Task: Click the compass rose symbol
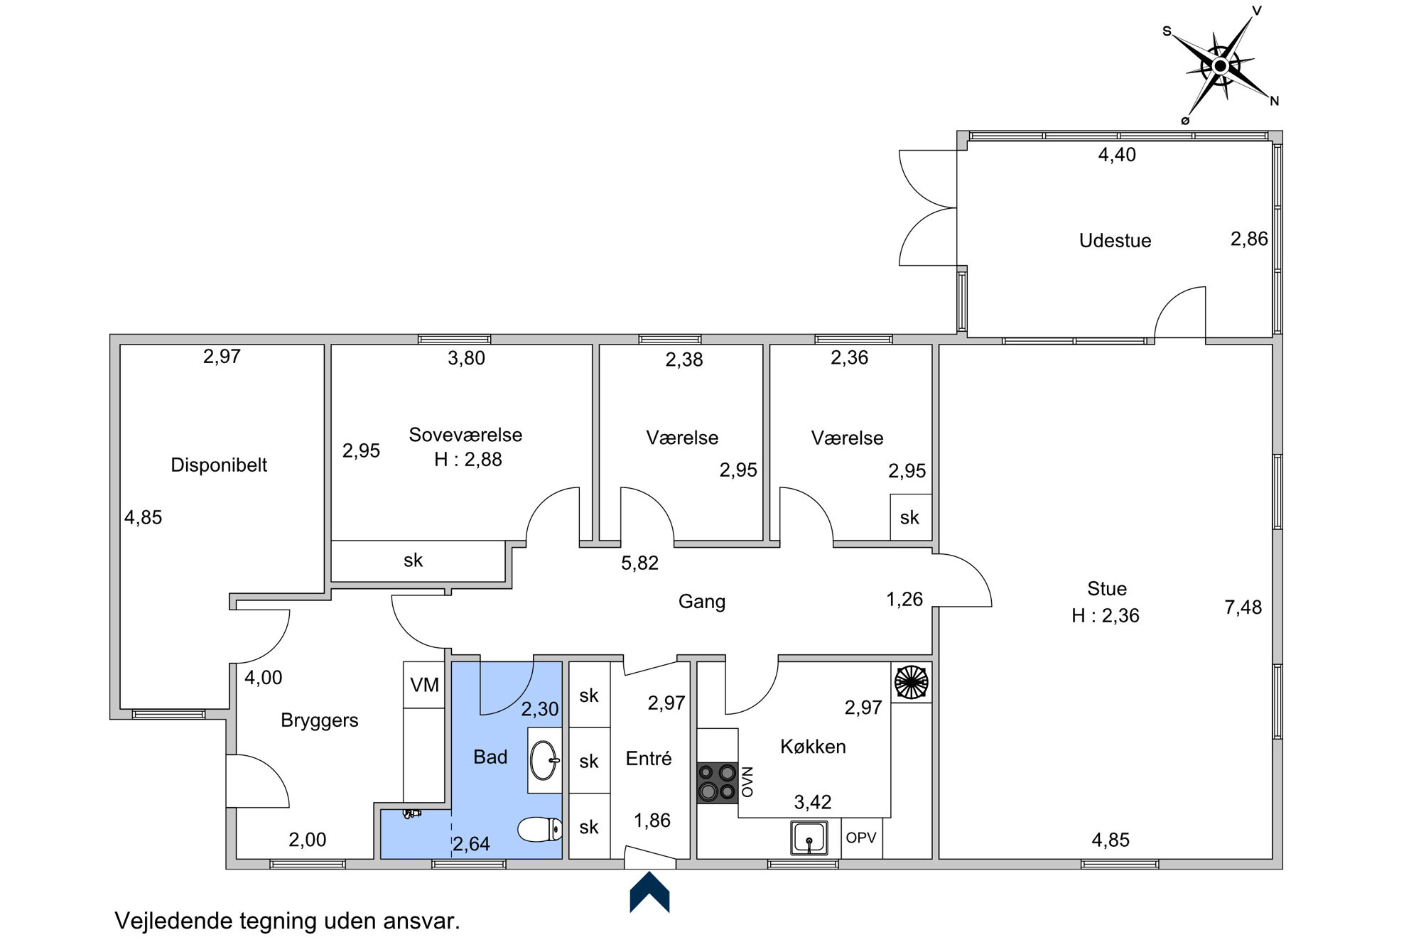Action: click(x=1220, y=66)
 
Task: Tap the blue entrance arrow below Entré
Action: click(x=649, y=892)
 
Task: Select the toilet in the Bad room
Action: click(x=540, y=829)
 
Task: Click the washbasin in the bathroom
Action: click(x=545, y=760)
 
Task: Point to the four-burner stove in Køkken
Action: click(x=717, y=782)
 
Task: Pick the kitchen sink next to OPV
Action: click(x=809, y=838)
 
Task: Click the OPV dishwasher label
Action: click(x=860, y=838)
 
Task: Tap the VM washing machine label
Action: click(x=424, y=685)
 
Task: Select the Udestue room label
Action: click(x=1115, y=241)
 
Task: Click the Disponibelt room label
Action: click(x=219, y=465)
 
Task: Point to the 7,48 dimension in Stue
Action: click(x=1243, y=607)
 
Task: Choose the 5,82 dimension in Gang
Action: click(x=639, y=563)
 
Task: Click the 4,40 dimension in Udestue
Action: click(x=1117, y=155)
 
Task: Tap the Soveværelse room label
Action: click(x=465, y=435)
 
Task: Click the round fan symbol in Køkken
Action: click(x=911, y=682)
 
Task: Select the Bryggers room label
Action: click(x=319, y=720)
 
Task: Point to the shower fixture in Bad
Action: click(x=411, y=814)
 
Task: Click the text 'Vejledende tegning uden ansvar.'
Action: click(x=288, y=921)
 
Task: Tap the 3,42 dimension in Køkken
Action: click(x=812, y=803)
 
